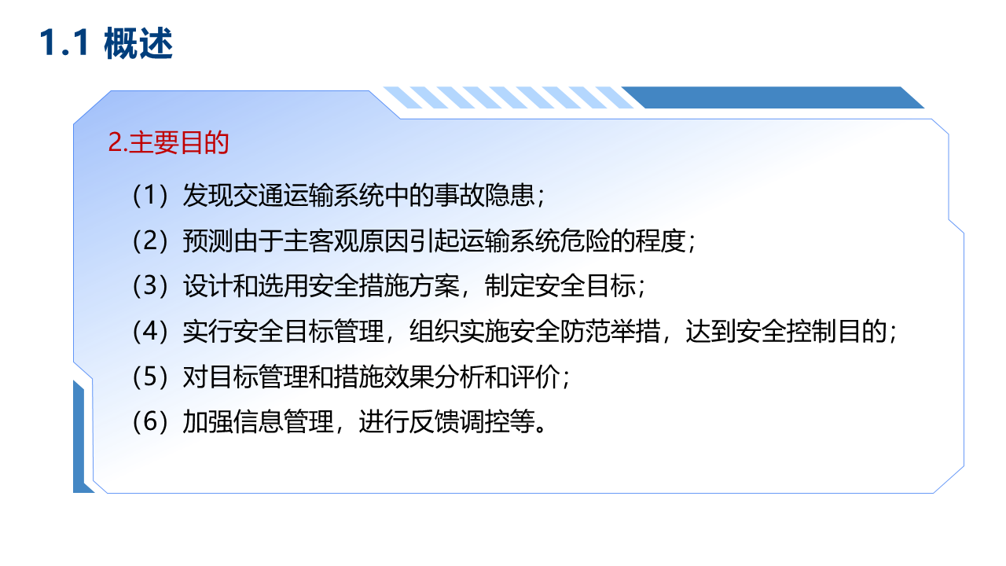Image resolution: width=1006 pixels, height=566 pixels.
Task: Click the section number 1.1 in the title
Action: pyautogui.click(x=64, y=42)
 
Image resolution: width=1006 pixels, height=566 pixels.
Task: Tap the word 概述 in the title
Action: pyautogui.click(x=138, y=42)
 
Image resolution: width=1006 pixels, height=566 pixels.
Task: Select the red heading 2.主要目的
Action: pyautogui.click(x=168, y=142)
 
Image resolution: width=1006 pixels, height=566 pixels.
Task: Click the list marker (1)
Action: pyautogui.click(x=150, y=196)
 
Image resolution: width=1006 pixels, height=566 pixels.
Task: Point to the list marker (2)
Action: pyautogui.click(x=150, y=241)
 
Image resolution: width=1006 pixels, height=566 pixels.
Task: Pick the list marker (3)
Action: pyautogui.click(x=150, y=285)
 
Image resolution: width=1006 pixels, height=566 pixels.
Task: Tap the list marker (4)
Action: pyautogui.click(x=150, y=331)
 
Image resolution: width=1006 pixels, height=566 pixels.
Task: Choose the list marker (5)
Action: pyautogui.click(x=150, y=377)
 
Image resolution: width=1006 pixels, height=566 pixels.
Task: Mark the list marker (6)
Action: pyautogui.click(x=150, y=422)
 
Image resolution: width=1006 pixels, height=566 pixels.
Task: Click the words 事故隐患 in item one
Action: pyautogui.click(x=485, y=196)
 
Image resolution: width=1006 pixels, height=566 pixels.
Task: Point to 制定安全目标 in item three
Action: pyautogui.click(x=560, y=285)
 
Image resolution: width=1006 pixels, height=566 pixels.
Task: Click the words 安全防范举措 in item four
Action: pyautogui.click(x=534, y=331)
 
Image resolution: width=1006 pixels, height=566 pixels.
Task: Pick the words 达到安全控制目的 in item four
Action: pyautogui.click(x=786, y=331)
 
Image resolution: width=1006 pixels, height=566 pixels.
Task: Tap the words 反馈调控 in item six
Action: pyautogui.click(x=459, y=422)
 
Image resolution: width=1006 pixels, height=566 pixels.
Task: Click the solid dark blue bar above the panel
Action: pyautogui.click(x=773, y=97)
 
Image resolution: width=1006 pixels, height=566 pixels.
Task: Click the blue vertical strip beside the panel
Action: pyautogui.click(x=79, y=438)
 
